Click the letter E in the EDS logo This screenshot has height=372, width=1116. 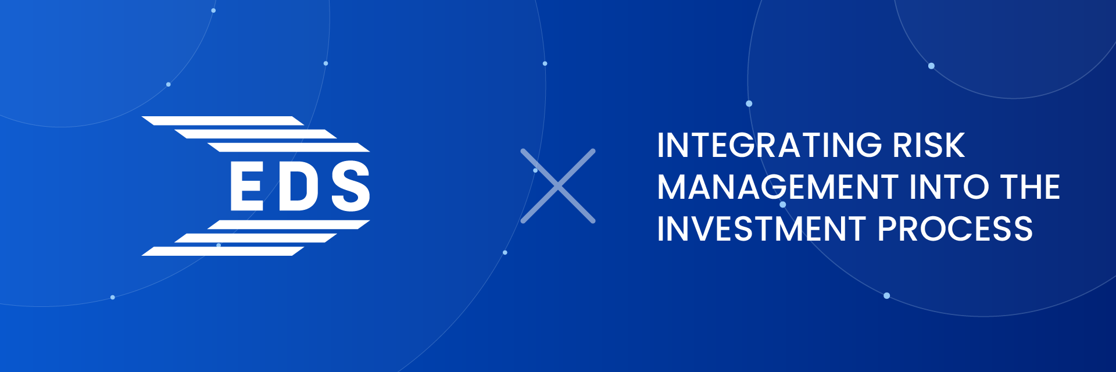coord(247,186)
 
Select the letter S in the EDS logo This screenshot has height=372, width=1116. coord(350,186)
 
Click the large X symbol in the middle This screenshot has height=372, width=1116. coord(558,186)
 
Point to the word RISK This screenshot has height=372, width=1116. coord(928,145)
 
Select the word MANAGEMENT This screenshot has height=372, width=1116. coord(778,187)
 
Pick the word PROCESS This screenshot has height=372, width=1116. coord(955,229)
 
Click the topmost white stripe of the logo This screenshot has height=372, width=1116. coord(223,121)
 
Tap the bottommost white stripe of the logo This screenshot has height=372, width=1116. coord(223,251)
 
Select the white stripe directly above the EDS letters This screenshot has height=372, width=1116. coord(289,147)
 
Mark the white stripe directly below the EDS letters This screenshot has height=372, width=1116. coord(289,225)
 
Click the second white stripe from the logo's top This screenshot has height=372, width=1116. coord(256,134)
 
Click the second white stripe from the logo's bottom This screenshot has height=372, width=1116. coord(256,238)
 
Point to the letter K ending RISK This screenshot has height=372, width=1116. coord(954,145)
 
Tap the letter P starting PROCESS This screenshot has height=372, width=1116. coord(889,229)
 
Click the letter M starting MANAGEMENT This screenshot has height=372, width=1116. coord(672,187)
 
